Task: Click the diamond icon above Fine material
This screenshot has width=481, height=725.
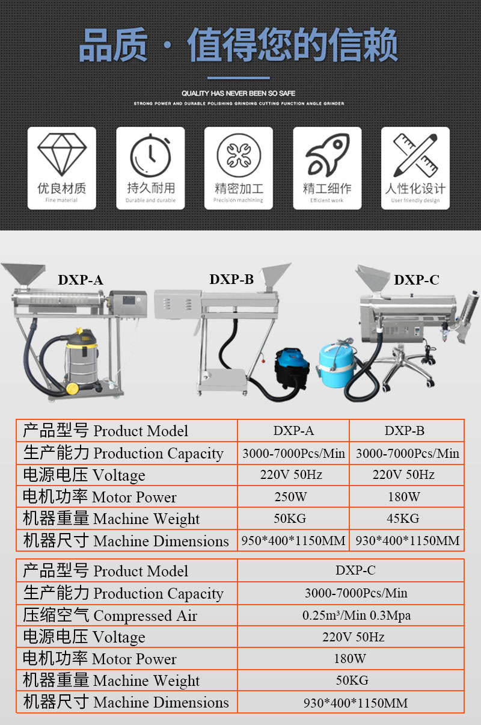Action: coord(62,155)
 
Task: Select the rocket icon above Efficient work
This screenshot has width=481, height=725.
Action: coord(327,155)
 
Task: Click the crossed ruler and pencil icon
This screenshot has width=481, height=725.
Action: coord(415,155)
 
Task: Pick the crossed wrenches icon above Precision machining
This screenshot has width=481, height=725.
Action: coord(239,155)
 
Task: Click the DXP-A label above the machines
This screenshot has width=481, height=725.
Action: coord(81,280)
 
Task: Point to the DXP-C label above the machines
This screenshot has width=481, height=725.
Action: coord(417,280)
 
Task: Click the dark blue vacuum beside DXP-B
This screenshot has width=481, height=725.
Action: coord(291,368)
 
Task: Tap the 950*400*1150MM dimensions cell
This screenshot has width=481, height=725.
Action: coord(293,540)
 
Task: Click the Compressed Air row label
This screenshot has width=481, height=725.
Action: coord(110,615)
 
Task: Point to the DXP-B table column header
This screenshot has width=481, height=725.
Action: coord(404,431)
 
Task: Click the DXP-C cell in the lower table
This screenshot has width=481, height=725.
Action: coord(355,570)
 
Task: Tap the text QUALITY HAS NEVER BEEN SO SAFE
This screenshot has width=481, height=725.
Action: coord(239,93)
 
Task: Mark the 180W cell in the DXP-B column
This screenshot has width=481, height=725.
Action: coord(404,497)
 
